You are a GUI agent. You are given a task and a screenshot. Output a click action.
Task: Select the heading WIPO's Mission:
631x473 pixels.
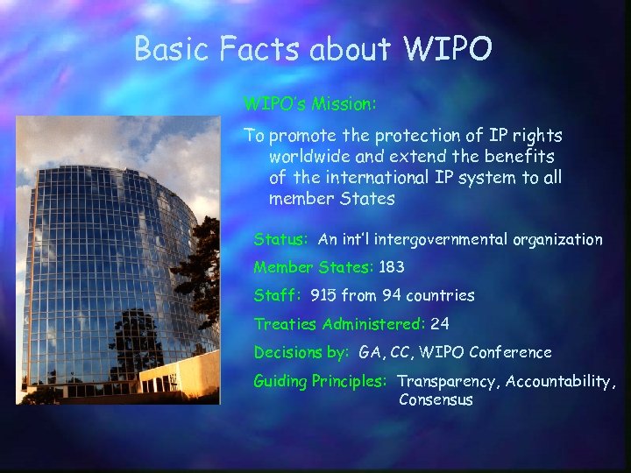coord(310,104)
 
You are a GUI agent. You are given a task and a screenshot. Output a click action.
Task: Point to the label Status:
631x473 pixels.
coord(280,239)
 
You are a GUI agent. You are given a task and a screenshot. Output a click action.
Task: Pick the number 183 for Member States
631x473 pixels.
coord(392,267)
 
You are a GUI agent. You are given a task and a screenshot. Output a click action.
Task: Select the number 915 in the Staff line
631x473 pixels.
coord(324,295)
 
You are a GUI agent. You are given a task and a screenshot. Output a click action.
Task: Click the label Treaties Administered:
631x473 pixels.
coord(339,324)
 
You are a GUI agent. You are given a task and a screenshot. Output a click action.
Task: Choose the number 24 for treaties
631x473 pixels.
coord(440,324)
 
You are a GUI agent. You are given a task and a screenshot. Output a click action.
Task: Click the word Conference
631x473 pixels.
coord(511,352)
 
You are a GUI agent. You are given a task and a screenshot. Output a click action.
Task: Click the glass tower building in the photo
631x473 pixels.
coord(96,263)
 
